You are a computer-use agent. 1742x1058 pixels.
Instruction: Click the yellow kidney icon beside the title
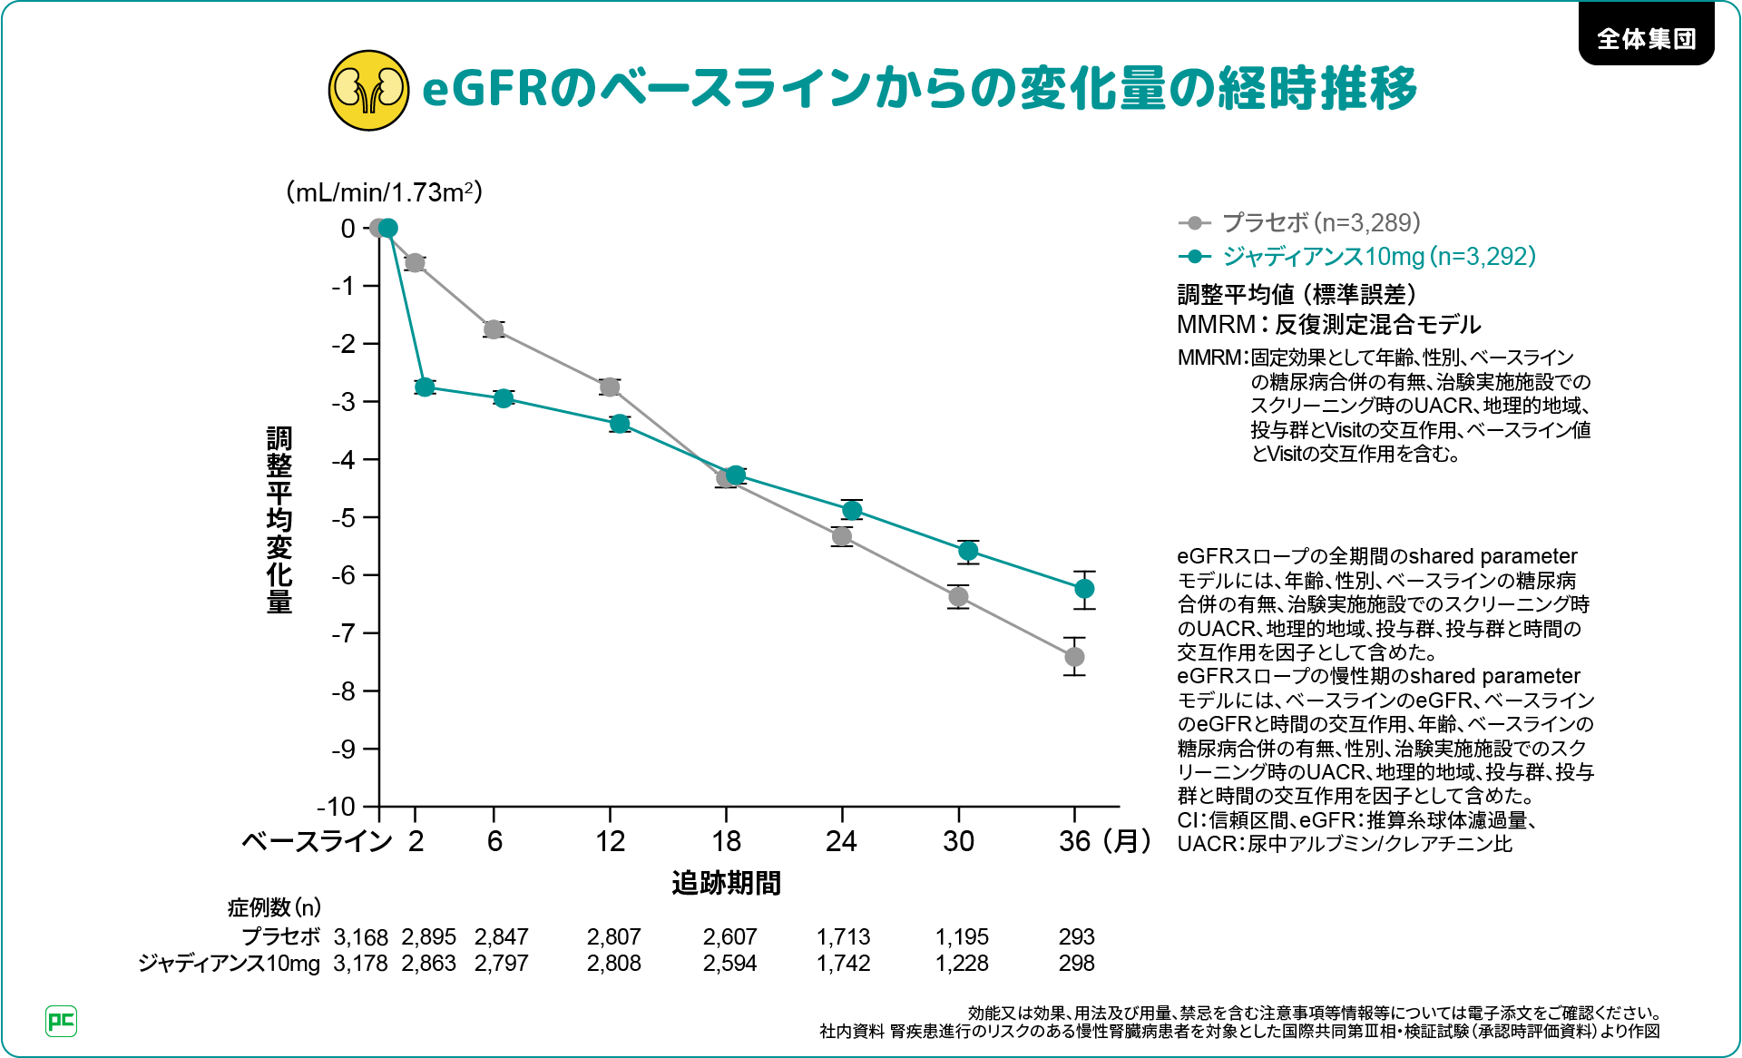367,90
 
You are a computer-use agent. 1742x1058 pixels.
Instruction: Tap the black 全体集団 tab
1646,38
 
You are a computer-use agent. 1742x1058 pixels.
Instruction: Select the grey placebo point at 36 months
1074,656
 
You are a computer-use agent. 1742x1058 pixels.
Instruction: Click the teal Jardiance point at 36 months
1084,590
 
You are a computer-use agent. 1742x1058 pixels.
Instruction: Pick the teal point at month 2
425,387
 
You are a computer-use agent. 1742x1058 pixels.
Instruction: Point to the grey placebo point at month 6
494,329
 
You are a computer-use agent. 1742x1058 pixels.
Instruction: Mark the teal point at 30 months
968,551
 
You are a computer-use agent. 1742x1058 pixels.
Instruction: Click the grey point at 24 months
842,536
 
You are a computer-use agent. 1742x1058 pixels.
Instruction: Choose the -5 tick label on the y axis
343,518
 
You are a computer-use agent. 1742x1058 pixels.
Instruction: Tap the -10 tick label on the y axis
336,807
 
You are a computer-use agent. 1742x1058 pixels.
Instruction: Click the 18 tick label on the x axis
726,841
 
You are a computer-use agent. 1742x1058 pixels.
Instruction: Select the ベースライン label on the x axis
317,841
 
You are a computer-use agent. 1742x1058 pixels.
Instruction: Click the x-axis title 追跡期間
726,883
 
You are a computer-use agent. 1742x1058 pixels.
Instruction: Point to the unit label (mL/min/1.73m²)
384,192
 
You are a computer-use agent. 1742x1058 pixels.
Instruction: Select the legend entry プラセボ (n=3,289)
1320,222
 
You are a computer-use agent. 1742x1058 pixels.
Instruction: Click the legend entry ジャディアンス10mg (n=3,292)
1378,257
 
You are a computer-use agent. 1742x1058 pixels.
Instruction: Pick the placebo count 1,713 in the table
843,936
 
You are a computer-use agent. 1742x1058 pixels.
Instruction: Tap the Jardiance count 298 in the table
1076,964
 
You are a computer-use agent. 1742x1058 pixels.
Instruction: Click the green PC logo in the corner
61,1021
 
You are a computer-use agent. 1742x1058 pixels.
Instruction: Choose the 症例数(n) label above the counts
274,907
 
